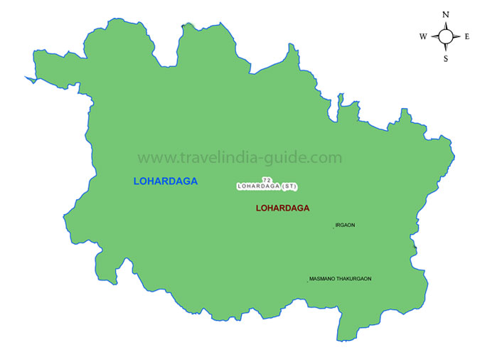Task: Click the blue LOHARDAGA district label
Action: tap(165, 181)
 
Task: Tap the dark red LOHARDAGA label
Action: tap(282, 208)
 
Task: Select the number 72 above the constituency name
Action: tap(267, 180)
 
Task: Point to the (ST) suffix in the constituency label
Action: tap(289, 186)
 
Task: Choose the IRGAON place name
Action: tap(345, 226)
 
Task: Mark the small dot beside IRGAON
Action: tap(333, 228)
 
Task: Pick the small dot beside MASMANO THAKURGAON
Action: tap(307, 282)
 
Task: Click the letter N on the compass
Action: tap(446, 14)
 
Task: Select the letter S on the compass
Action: tap(446, 59)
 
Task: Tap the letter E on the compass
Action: tap(466, 36)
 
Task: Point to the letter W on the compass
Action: tap(423, 36)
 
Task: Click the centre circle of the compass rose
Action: tap(446, 36)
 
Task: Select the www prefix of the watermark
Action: tap(151, 158)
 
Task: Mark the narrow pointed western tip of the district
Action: tap(26, 78)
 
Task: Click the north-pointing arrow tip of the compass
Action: tap(446, 23)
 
